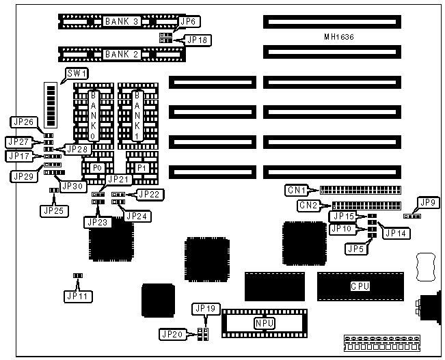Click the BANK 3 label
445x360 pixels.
click(122, 22)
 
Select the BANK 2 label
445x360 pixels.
click(122, 53)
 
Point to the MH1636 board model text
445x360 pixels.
click(340, 36)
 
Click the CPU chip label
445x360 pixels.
click(360, 286)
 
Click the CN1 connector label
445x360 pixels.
click(297, 191)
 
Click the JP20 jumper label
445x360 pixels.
click(172, 334)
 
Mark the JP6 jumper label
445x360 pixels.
click(188, 22)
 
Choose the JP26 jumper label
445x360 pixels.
click(23, 122)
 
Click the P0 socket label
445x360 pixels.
click(96, 167)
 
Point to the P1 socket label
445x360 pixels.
click(141, 167)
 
